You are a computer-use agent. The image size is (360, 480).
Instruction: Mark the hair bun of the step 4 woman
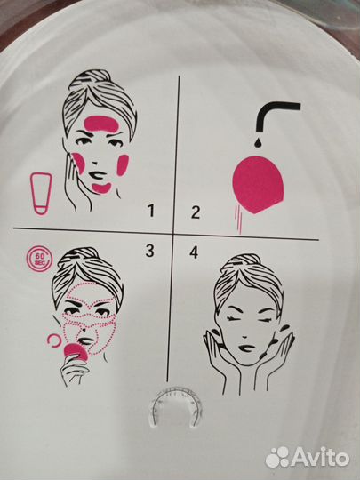(248, 260)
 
